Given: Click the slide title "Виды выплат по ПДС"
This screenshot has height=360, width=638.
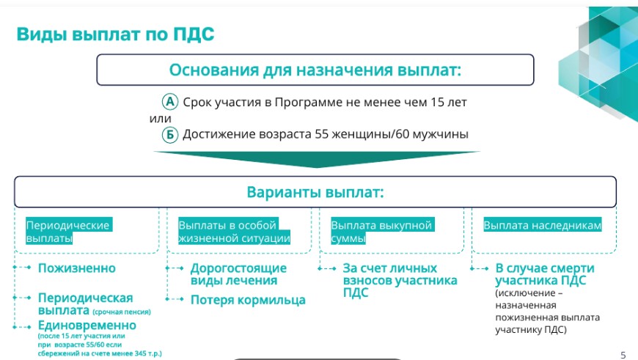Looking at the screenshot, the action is (x=115, y=34).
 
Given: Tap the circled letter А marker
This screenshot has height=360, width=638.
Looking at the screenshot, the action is (x=170, y=102).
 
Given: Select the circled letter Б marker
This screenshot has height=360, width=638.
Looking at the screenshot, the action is (x=170, y=134).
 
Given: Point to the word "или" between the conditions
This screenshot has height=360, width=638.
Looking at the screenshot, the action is (x=161, y=119).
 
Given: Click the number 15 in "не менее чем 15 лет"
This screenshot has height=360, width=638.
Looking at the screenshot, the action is (x=437, y=102).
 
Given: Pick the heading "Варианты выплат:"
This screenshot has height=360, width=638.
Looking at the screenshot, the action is (x=315, y=192).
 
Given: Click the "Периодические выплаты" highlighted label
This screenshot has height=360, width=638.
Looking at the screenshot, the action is (x=69, y=232).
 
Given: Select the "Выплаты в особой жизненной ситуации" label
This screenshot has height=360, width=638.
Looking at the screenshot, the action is (x=235, y=232).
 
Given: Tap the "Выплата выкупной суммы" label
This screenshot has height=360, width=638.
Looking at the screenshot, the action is (x=383, y=232).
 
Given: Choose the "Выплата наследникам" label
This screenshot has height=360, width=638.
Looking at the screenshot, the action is (x=543, y=225).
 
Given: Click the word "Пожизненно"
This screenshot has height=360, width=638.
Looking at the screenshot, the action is (x=77, y=268).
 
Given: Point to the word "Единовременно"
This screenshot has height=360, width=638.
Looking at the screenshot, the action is (x=87, y=326).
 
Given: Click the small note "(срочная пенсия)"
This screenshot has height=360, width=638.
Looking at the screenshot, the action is (x=122, y=312).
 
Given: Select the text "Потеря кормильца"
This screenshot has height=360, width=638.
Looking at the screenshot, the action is (x=248, y=300).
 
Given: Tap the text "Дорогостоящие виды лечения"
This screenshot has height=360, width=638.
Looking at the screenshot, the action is (x=238, y=274).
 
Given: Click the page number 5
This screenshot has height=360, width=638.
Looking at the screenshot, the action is (x=623, y=355).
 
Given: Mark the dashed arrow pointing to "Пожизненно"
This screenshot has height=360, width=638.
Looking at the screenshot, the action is (x=22, y=268).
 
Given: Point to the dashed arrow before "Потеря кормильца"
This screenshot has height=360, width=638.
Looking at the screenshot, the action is (x=175, y=299).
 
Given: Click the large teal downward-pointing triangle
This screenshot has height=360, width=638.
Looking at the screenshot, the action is (x=317, y=159).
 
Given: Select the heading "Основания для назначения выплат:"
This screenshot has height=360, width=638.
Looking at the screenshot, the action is (x=315, y=70).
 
